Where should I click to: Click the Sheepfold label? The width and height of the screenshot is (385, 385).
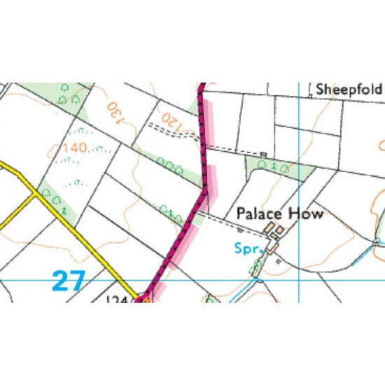349,90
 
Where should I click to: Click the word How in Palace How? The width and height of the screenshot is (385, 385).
308,213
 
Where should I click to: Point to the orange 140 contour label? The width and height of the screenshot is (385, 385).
73,148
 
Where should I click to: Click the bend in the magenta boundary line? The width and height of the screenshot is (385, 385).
206,188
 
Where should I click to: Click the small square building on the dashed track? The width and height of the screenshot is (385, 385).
263,154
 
